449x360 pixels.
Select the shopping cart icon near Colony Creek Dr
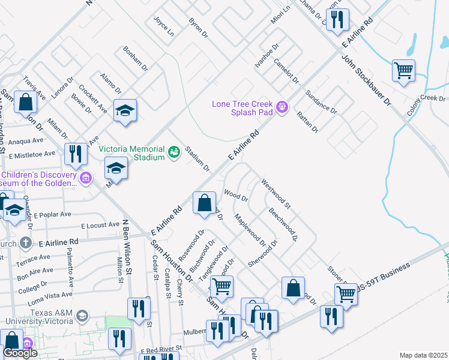click(403, 70)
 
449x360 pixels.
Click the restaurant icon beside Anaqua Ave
click(76, 154)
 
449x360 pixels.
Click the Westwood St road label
click(276, 194)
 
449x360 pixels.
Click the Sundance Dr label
click(321, 101)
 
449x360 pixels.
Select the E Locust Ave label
click(100, 226)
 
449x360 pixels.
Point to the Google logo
click(20, 353)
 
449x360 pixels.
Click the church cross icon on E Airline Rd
click(25, 243)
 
